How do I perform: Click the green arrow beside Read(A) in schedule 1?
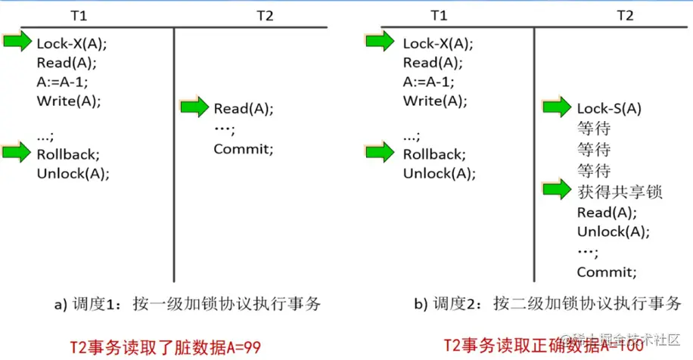194,108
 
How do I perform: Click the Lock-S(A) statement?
609,109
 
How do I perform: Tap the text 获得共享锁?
619,192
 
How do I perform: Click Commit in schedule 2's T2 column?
607,272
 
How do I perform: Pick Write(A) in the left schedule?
69,100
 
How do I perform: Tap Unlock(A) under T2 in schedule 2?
614,231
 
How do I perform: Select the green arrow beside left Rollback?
17,153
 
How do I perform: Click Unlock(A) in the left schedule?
73,172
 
